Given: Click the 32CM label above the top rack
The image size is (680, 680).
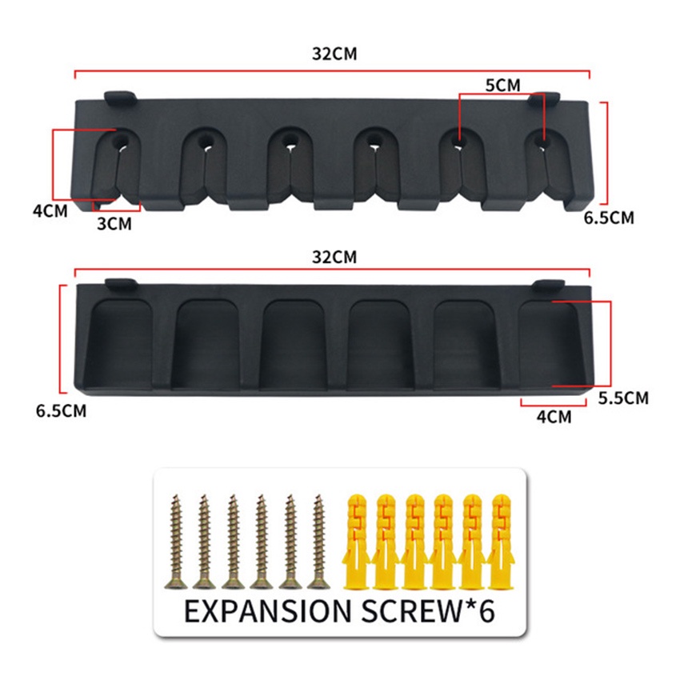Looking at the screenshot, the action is click(334, 54).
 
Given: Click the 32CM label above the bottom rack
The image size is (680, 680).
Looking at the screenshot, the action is click(334, 257).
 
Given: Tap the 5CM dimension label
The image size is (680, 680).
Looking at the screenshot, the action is click(502, 86).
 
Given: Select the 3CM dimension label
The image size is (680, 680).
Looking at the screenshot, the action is click(114, 224).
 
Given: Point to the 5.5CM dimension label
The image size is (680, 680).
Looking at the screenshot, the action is click(623, 398).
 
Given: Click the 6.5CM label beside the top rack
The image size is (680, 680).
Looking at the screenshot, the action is click(609, 218).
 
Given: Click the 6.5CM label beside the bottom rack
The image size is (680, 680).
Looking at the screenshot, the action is click(61, 410).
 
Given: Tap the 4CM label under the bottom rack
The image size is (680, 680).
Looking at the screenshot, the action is click(554, 417).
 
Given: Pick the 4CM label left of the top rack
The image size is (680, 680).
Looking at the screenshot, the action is click(50, 211).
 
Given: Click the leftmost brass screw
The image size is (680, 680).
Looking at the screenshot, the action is click(176, 542).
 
